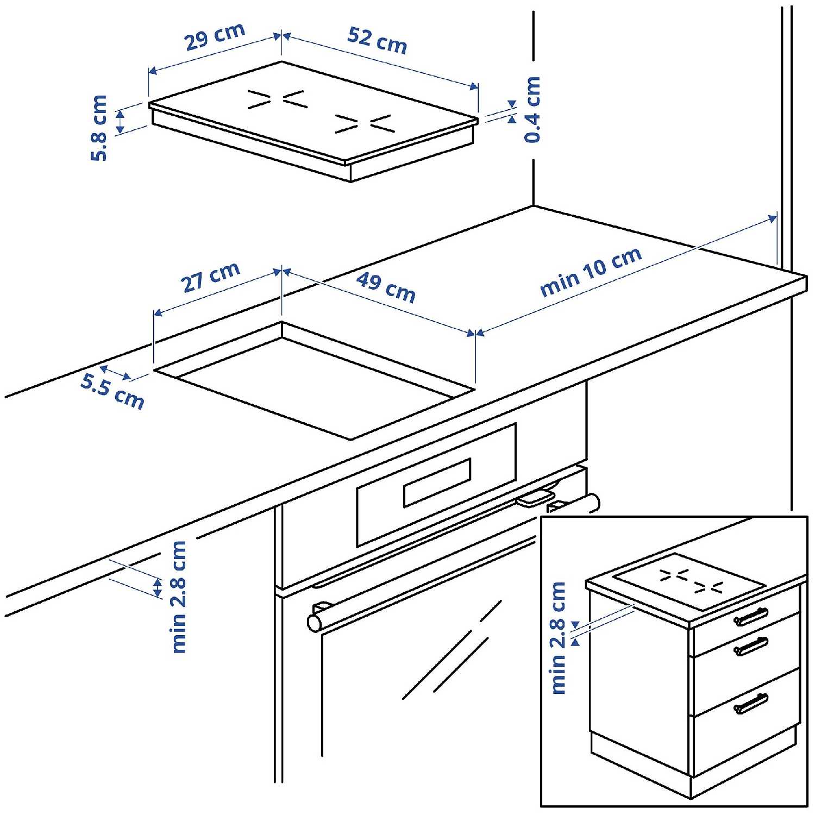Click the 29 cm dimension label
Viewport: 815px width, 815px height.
pyautogui.click(x=215, y=36)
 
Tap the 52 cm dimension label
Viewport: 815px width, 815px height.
pyautogui.click(x=378, y=40)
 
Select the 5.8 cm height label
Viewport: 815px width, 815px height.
pyautogui.click(x=99, y=128)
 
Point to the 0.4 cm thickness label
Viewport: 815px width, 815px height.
pyautogui.click(x=532, y=110)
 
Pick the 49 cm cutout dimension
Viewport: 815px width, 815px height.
pyautogui.click(x=386, y=287)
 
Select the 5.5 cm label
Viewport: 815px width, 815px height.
pyautogui.click(x=112, y=391)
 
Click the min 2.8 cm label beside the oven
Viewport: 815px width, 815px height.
pyautogui.click(x=178, y=597)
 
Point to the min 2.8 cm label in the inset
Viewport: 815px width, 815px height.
pyautogui.click(x=559, y=638)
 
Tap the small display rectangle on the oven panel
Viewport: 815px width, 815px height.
pyautogui.click(x=437, y=482)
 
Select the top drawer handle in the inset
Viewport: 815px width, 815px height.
pyautogui.click(x=751, y=616)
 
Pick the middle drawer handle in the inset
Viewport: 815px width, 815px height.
pyautogui.click(x=751, y=646)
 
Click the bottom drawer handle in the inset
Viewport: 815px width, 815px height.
pyautogui.click(x=751, y=703)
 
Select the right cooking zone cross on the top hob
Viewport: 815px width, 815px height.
pyautogui.click(x=365, y=124)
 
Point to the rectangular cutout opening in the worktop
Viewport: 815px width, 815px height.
pyautogui.click(x=314, y=380)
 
